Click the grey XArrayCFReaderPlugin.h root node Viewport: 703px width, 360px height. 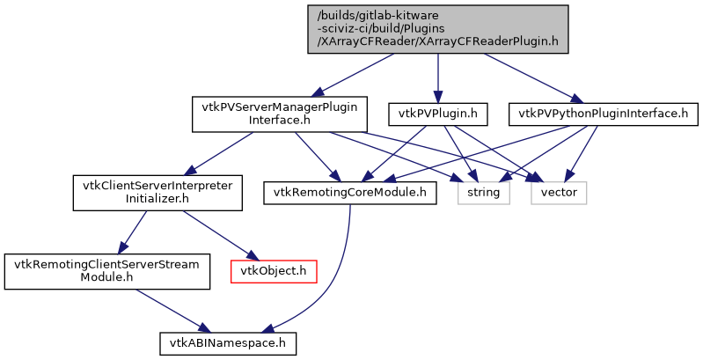point(437,28)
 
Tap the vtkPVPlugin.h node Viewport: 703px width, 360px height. point(438,114)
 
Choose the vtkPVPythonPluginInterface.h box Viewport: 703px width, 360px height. point(603,114)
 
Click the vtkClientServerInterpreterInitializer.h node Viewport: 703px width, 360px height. point(157,193)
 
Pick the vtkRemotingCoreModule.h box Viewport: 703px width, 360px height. point(349,193)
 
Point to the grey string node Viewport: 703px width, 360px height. point(483,193)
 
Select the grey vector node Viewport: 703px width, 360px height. point(559,193)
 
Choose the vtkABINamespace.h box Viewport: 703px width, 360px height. point(228,342)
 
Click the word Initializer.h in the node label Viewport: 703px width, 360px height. point(157,200)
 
